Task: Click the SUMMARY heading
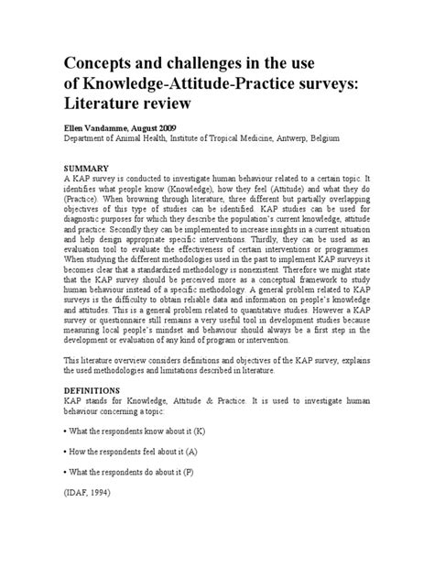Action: click(86, 169)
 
